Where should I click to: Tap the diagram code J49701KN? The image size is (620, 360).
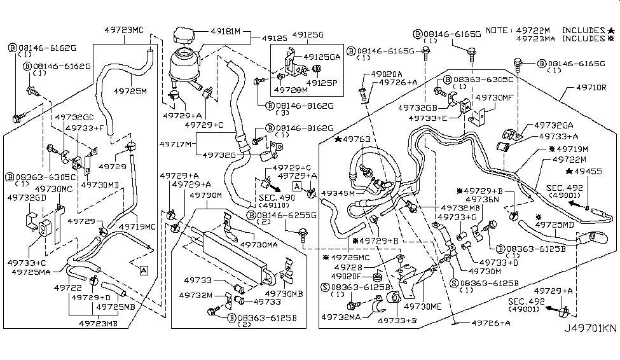click(590, 346)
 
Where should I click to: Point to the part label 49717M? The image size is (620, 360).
click(176, 144)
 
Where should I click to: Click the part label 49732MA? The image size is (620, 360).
click(341, 316)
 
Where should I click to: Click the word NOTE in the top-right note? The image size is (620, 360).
click(496, 30)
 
